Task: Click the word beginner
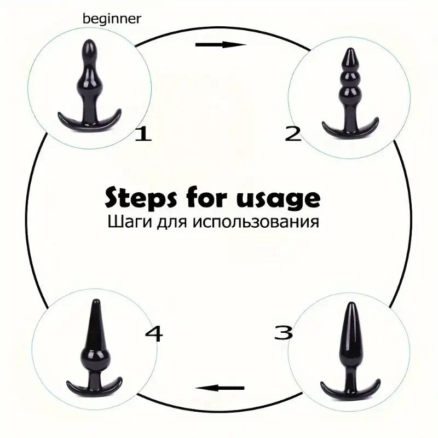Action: (112, 19)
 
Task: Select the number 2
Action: (293, 133)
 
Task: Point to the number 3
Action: (284, 332)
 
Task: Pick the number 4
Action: (153, 333)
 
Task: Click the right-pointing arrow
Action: (221, 45)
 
